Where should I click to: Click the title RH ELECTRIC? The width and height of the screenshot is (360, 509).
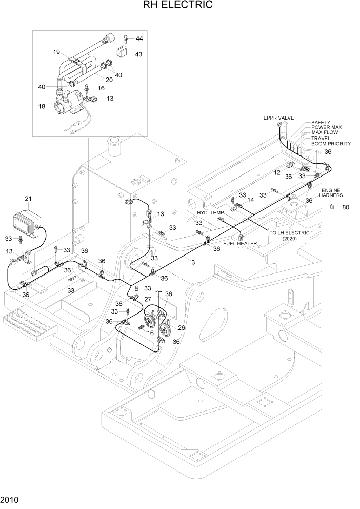click(179, 6)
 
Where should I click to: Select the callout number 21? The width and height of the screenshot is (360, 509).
click(28, 199)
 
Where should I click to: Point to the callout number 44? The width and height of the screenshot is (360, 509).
click(139, 39)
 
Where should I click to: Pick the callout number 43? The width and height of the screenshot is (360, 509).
click(138, 54)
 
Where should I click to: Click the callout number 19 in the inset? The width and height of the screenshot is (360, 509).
click(57, 52)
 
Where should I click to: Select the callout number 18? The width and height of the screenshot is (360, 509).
click(42, 106)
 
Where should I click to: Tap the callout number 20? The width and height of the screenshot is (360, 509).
click(109, 80)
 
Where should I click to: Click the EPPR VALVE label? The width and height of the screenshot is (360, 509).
click(278, 118)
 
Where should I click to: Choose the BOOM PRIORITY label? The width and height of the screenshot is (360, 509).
click(331, 144)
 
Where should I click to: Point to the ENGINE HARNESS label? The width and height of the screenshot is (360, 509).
click(331, 193)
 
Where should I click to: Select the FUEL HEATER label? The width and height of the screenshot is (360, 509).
click(239, 243)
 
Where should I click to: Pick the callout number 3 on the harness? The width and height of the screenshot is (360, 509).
click(193, 262)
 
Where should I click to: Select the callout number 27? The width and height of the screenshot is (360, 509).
click(147, 299)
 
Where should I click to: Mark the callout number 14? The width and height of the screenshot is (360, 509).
click(251, 200)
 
